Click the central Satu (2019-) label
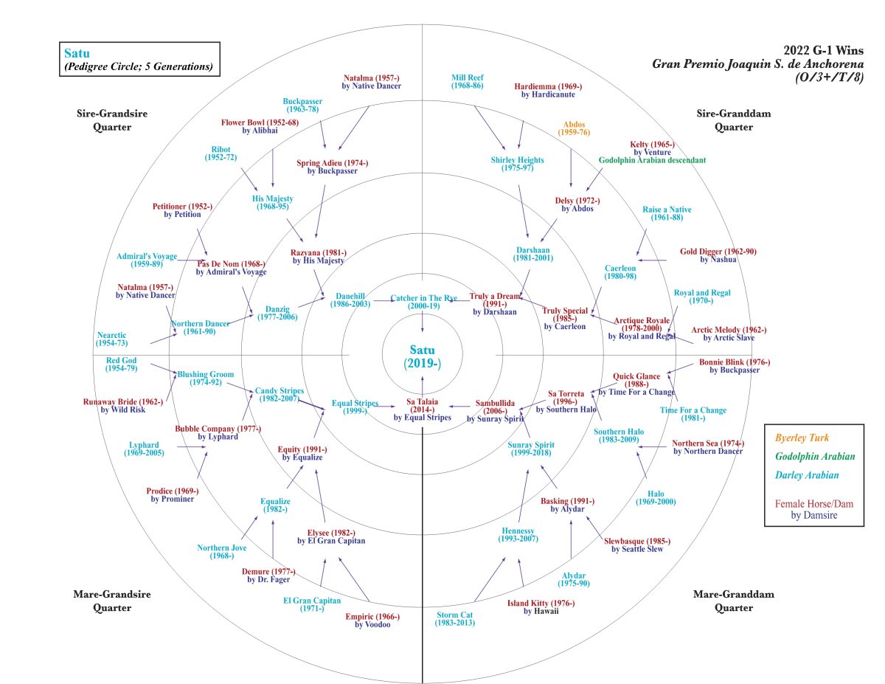tap(422, 356)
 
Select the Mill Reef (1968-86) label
tap(468, 81)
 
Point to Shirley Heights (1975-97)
tap(517, 164)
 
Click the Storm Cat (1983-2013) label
tap(454, 618)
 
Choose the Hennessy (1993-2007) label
tap(517, 535)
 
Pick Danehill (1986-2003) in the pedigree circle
tap(350, 300)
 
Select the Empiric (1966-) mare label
tap(372, 621)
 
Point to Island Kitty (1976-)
tap(541, 607)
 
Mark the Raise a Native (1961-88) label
tap(667, 214)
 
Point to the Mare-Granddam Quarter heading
tap(723, 601)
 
